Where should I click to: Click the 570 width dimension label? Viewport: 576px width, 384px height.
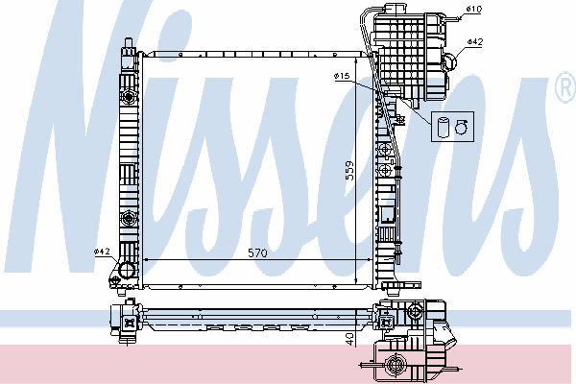pos(257,252)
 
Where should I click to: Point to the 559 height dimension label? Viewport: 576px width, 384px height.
pos(349,171)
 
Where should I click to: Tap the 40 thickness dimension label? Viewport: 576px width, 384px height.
pos(349,339)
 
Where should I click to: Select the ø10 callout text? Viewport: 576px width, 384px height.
pos(474,9)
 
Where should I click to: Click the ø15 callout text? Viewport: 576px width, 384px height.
pos(342,76)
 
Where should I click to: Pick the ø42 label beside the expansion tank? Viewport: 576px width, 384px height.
pos(474,42)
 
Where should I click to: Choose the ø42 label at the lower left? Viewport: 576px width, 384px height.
pos(102,252)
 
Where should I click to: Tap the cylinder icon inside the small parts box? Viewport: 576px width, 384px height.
pos(443,127)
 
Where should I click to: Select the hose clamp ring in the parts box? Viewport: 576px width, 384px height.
pos(462,127)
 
